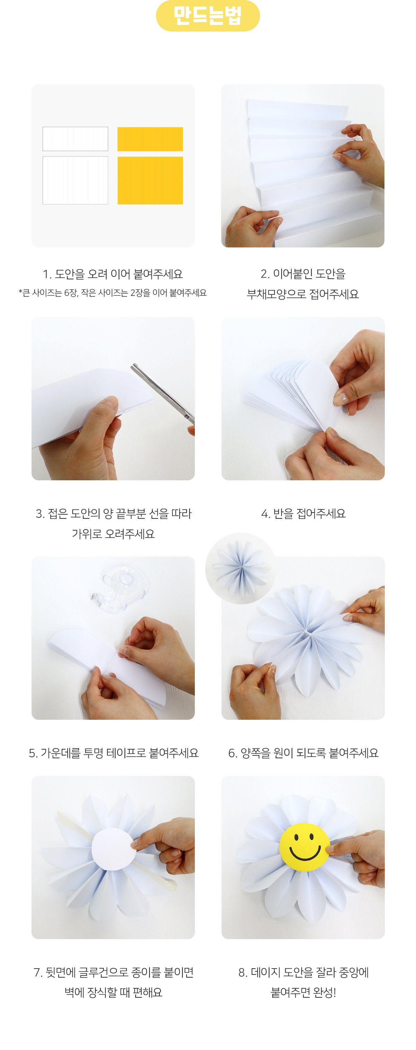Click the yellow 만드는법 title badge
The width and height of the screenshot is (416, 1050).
[x=208, y=16]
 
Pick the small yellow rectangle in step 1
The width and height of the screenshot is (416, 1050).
[x=150, y=139]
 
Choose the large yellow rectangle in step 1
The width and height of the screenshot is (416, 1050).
[x=150, y=180]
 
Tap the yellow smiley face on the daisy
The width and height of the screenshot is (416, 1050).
[x=304, y=847]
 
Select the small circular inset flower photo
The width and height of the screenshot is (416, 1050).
[x=241, y=568]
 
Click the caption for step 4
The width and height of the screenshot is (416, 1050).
[x=303, y=514]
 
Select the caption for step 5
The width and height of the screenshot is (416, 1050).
[x=113, y=753]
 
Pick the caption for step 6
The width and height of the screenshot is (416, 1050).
[x=303, y=753]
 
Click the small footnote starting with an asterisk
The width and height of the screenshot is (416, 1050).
[x=113, y=293]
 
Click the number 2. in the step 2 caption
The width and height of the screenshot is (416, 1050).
[x=265, y=274]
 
